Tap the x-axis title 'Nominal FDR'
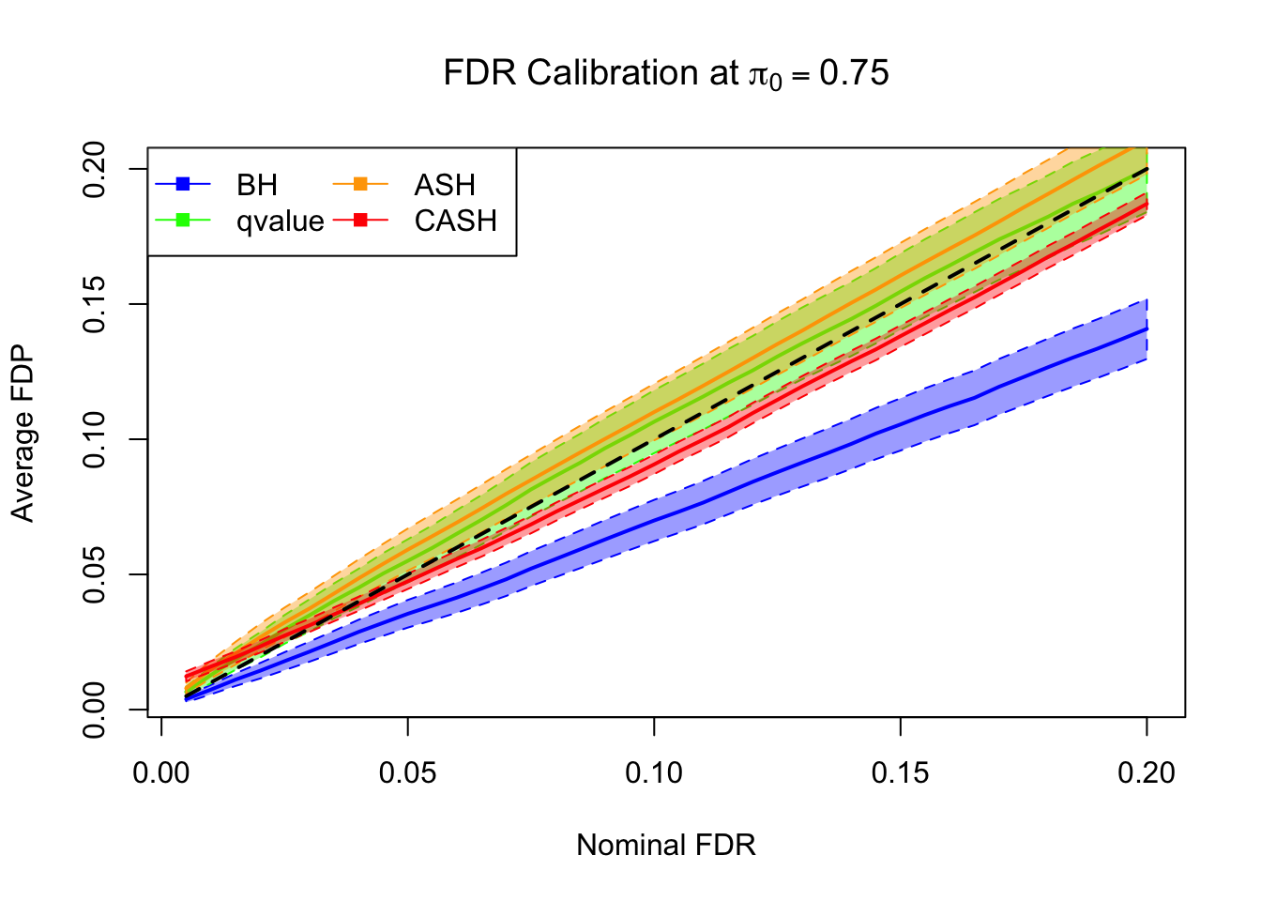tap(665, 845)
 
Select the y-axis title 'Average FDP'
tap(23, 434)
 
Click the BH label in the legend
tap(257, 185)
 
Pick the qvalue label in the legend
tap(280, 221)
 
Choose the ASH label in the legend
tap(445, 185)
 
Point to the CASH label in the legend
tap(455, 221)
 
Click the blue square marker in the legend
tap(183, 184)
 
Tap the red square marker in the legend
tap(360, 220)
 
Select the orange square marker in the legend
tap(360, 184)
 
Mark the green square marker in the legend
tap(183, 220)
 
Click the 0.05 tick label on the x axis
tap(407, 773)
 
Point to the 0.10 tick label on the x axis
tap(654, 773)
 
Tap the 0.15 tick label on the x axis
tap(900, 773)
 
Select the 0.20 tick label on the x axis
tap(1147, 773)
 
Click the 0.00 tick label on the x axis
tap(161, 773)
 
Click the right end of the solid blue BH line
tap(1147, 329)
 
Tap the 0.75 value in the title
tap(854, 73)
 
